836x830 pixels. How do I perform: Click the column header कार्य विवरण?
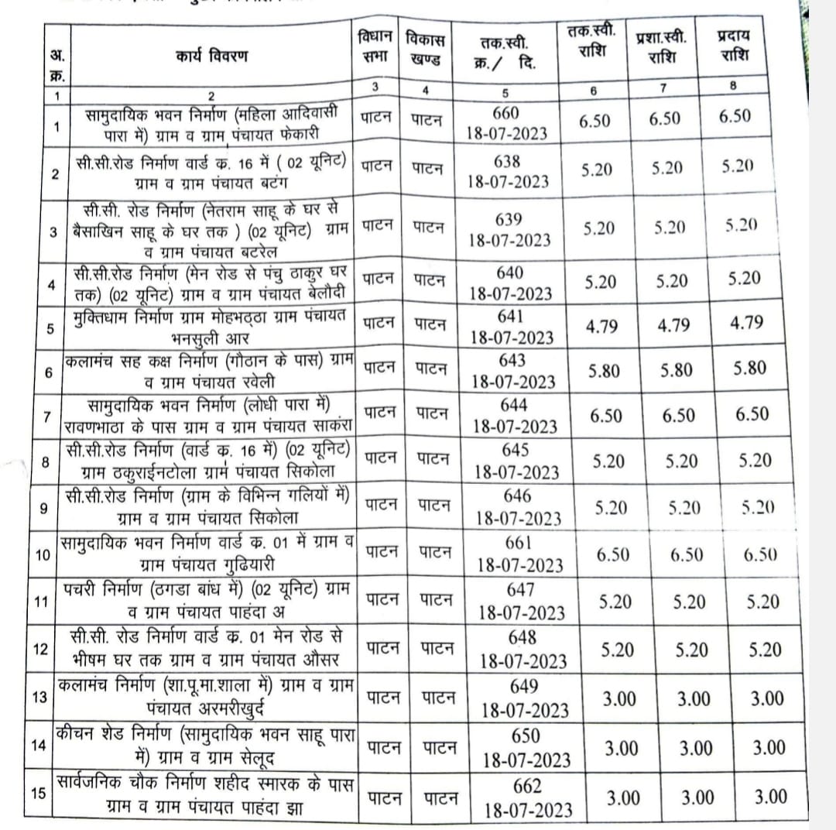tap(211, 57)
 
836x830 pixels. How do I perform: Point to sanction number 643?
tap(512, 360)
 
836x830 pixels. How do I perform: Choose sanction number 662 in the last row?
tap(527, 787)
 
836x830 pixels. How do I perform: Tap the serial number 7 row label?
tap(46, 416)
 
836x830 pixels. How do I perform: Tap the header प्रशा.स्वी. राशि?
tap(662, 46)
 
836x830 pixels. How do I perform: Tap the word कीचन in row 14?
tap(76, 732)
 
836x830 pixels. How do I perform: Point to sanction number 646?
tap(516, 496)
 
